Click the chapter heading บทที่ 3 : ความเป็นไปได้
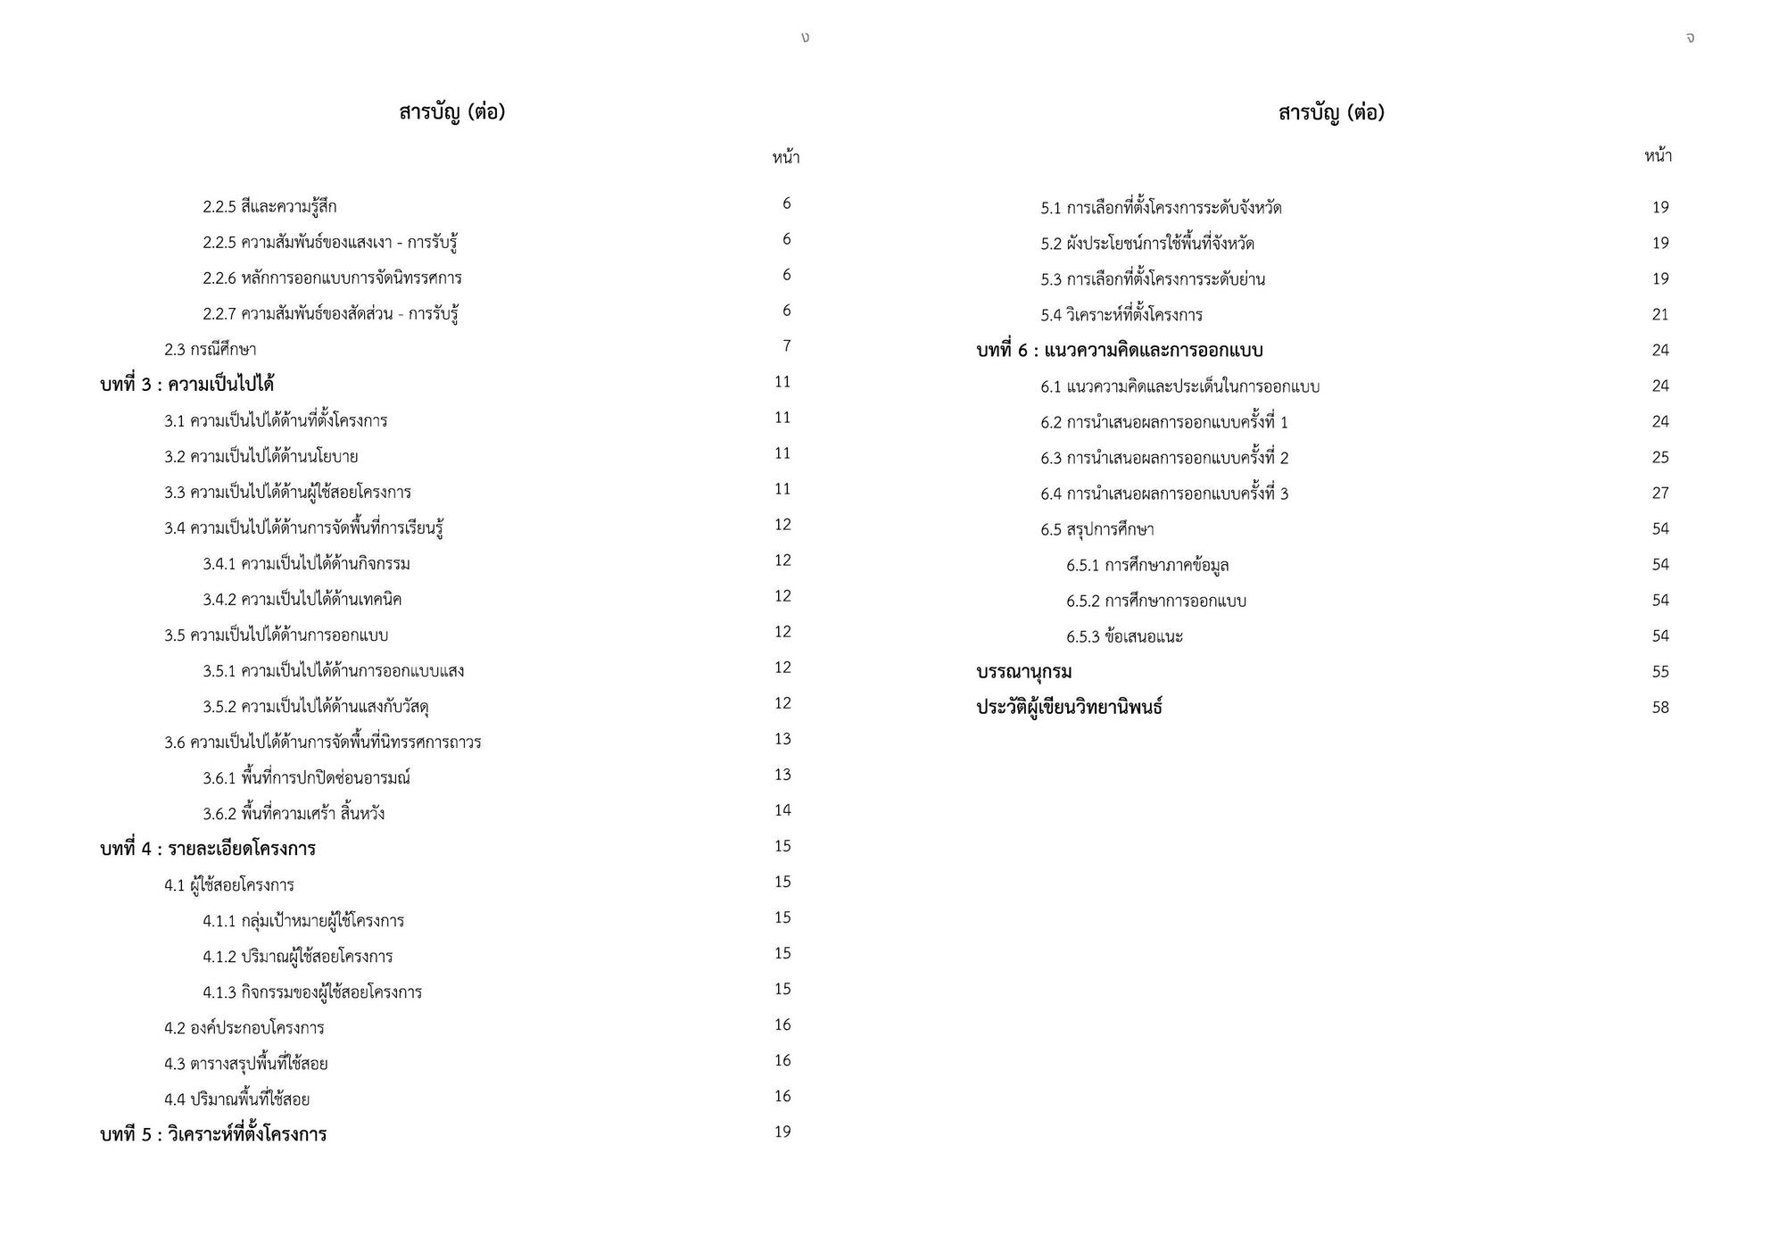pyautogui.click(x=186, y=385)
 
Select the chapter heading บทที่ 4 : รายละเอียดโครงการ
pyautogui.click(x=208, y=849)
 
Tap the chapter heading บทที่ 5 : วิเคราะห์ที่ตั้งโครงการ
pyautogui.click(x=213, y=1134)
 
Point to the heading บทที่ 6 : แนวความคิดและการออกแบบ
pyautogui.click(x=1120, y=350)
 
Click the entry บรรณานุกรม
pyautogui.click(x=1024, y=671)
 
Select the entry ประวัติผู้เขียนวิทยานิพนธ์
pyautogui.click(x=1069, y=708)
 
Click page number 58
pyautogui.click(x=1659, y=708)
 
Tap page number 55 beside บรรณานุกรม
pyautogui.click(x=1659, y=672)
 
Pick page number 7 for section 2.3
pyautogui.click(x=786, y=346)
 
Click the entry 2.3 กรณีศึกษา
pyautogui.click(x=210, y=349)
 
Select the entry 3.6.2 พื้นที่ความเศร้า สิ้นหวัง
pyautogui.click(x=294, y=813)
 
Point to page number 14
pyautogui.click(x=782, y=810)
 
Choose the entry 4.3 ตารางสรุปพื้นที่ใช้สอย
pyautogui.click(x=246, y=1063)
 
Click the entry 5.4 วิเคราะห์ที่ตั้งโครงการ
pyautogui.click(x=1121, y=314)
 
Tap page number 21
pyautogui.click(x=1659, y=314)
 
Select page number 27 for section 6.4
pyautogui.click(x=1659, y=493)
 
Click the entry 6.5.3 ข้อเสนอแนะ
pyautogui.click(x=1124, y=636)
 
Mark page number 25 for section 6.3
pyautogui.click(x=1659, y=457)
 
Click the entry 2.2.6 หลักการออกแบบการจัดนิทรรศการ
pyautogui.click(x=332, y=278)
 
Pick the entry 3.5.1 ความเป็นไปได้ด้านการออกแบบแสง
pyautogui.click(x=333, y=670)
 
